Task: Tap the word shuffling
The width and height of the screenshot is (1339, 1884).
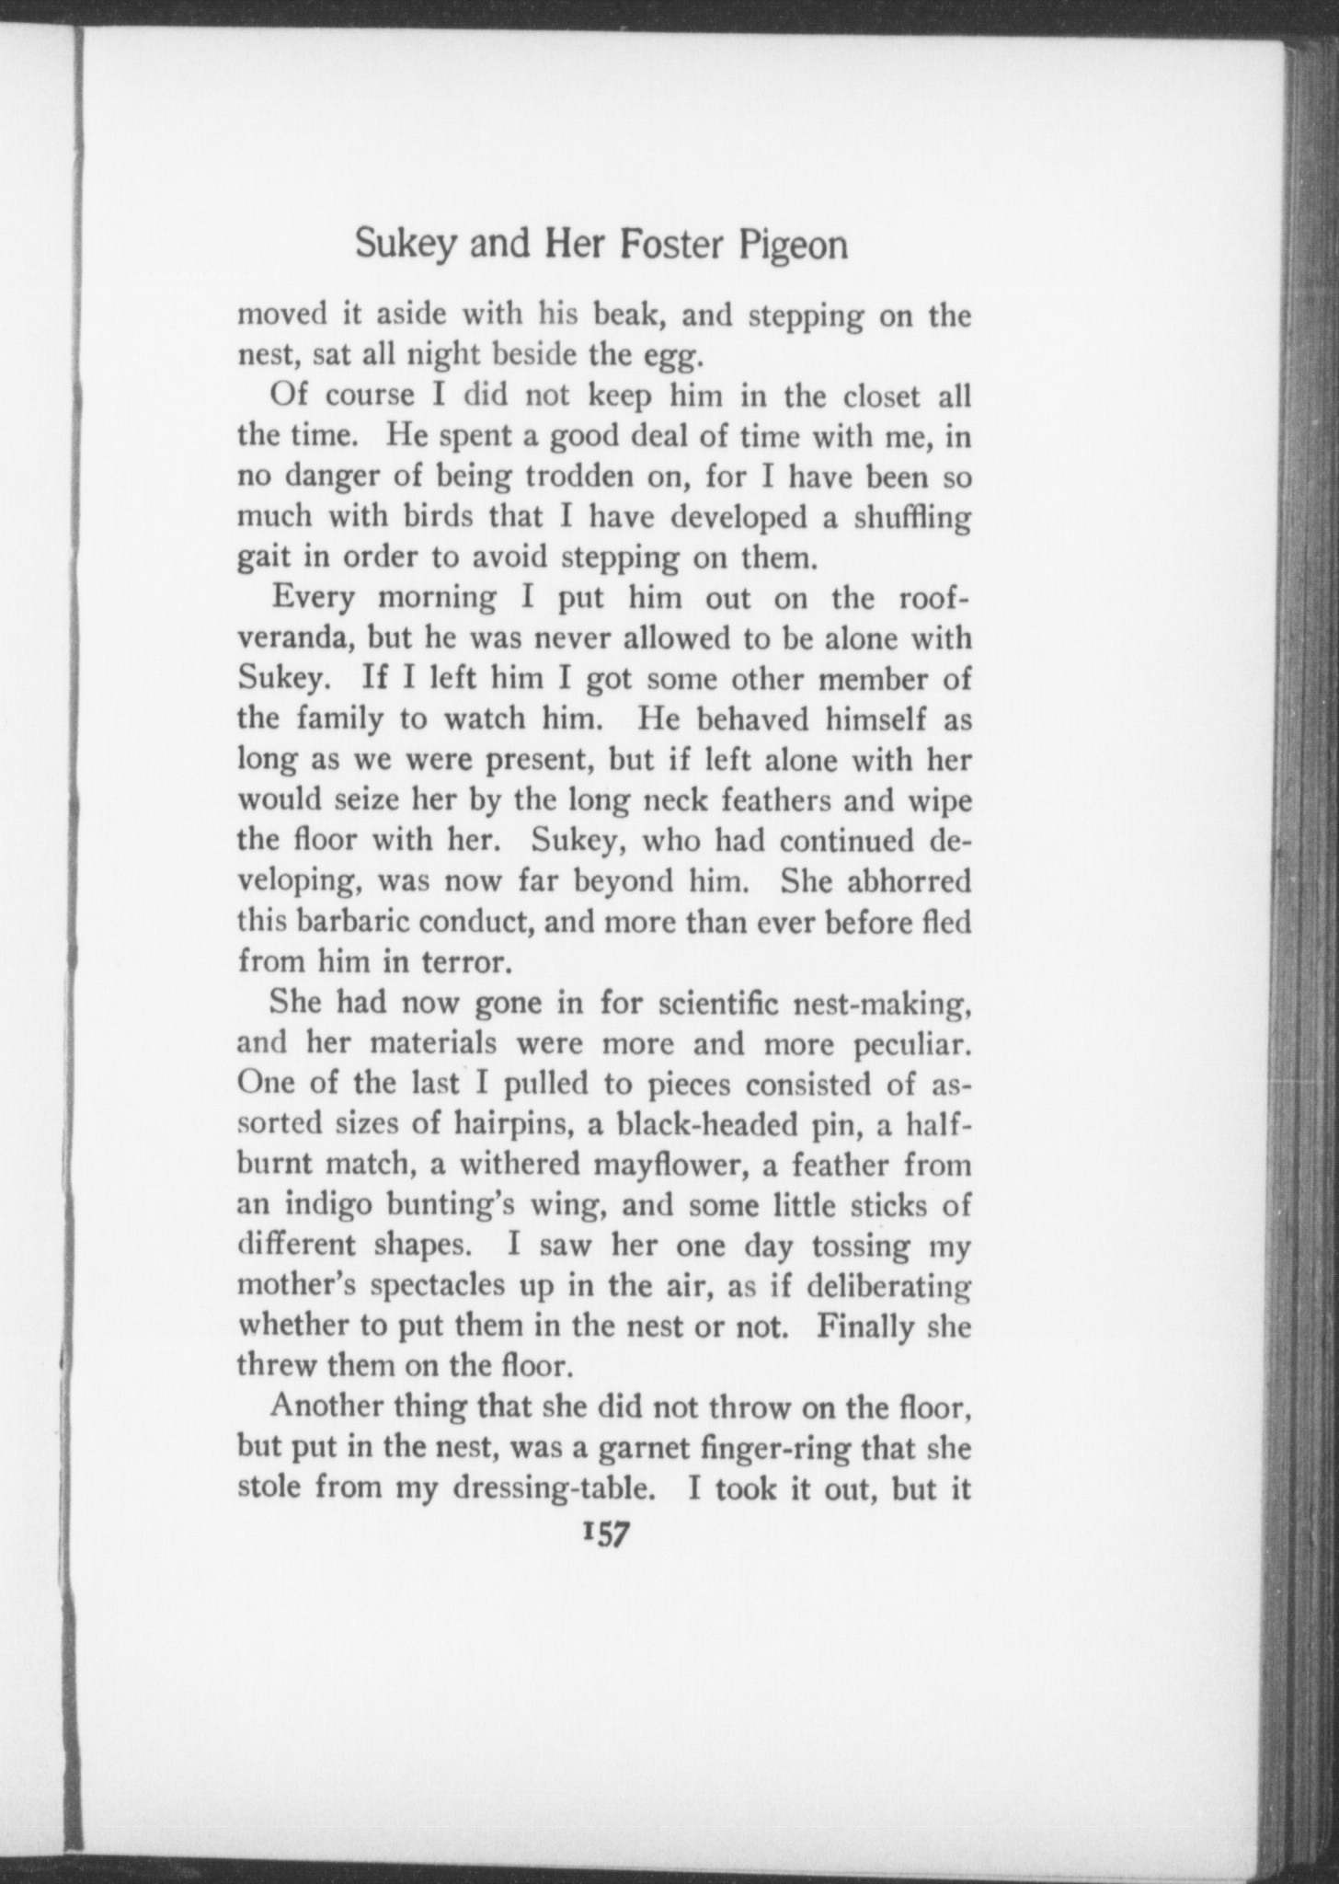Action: (911, 517)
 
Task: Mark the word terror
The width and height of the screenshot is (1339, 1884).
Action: (463, 961)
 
